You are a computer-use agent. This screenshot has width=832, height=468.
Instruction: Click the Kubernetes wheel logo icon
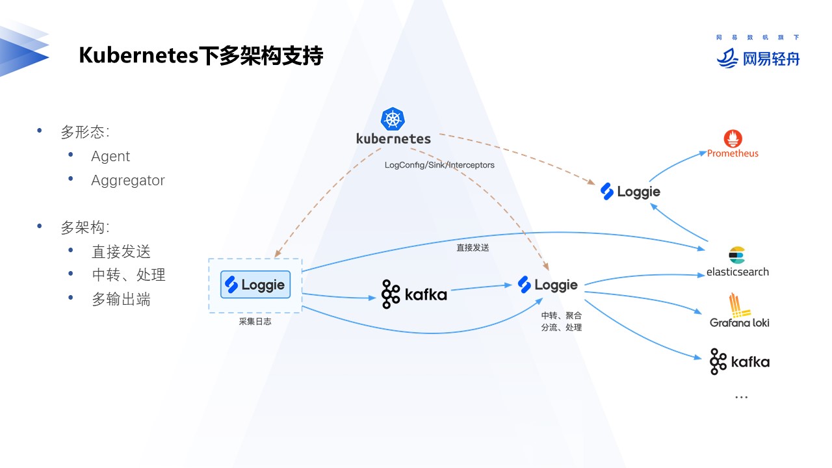[x=393, y=119]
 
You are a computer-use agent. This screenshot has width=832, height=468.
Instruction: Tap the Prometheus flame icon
[x=733, y=138]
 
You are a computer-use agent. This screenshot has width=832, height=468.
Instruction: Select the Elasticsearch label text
[x=737, y=272]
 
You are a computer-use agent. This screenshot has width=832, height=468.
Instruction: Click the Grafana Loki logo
[x=739, y=311]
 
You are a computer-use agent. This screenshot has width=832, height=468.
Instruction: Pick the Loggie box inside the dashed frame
[x=255, y=285]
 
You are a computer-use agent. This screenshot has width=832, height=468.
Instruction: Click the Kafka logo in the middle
[x=414, y=294]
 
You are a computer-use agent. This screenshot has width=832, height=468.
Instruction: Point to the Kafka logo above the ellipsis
[x=739, y=362]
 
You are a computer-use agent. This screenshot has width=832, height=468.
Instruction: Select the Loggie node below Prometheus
[x=630, y=191]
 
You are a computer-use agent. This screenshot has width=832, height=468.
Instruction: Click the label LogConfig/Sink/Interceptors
[x=439, y=165]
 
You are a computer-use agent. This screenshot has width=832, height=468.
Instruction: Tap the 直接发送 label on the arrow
[x=473, y=248]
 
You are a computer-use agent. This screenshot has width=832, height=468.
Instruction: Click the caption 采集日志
[x=255, y=321]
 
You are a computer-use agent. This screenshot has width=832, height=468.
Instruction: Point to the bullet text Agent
[x=110, y=157]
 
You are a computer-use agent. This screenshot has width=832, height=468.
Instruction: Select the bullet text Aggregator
[x=128, y=181]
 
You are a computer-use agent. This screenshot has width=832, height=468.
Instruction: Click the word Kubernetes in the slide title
[x=138, y=56]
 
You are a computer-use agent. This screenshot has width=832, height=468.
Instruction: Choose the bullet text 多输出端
[x=121, y=299]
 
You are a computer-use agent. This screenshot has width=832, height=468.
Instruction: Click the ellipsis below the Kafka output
[x=741, y=396]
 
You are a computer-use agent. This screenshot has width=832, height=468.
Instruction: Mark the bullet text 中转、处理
[x=129, y=275]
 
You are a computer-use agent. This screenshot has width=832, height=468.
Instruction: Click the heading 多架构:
[x=85, y=227]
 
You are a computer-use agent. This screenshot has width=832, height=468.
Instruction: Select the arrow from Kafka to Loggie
[x=481, y=287]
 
